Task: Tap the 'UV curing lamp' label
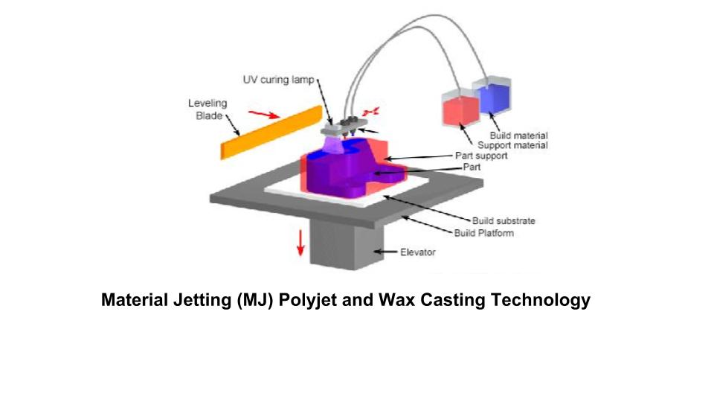(x=279, y=80)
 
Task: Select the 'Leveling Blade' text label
(x=207, y=109)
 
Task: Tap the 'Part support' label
(x=481, y=156)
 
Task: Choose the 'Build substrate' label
(x=504, y=221)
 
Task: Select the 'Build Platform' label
(x=483, y=233)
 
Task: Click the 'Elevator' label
(x=417, y=252)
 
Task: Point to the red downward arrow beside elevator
(x=300, y=243)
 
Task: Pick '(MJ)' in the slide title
(x=250, y=300)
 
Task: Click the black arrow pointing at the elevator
(x=385, y=252)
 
